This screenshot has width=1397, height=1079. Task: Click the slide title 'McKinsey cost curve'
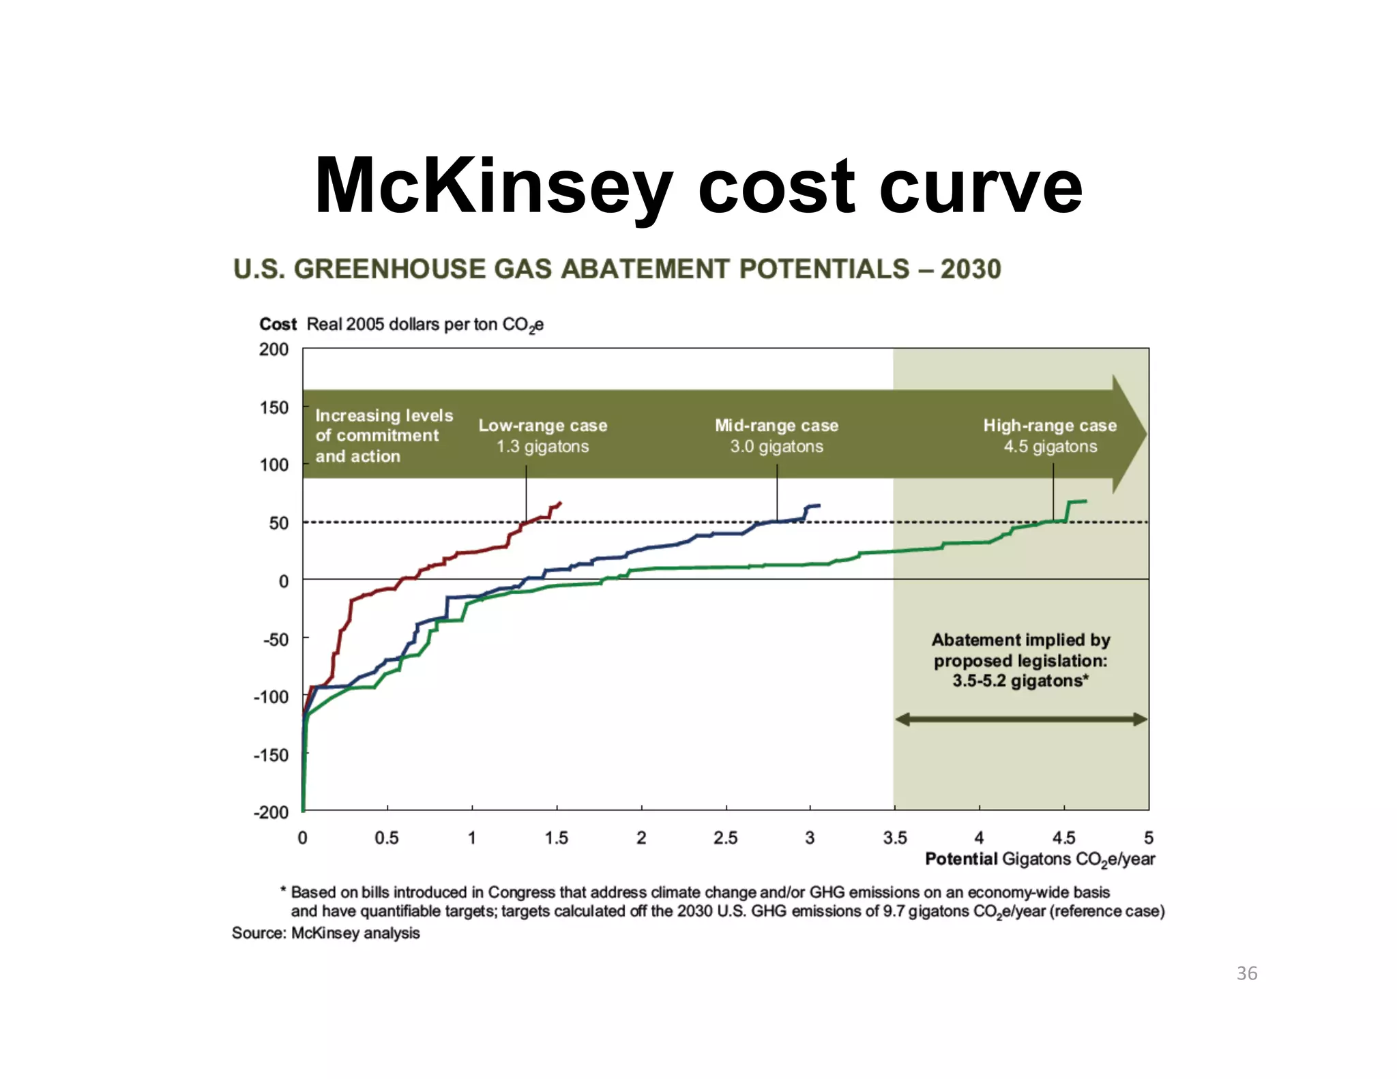tap(698, 186)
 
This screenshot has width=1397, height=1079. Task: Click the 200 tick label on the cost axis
tap(274, 349)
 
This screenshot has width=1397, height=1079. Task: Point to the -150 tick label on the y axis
tap(271, 755)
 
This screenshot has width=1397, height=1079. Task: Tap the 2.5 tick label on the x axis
tap(725, 838)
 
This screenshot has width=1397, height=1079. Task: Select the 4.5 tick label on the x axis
tap(1063, 838)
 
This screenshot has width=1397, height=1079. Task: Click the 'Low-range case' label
tap(542, 426)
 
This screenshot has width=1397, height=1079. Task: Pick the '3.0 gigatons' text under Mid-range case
tap(776, 447)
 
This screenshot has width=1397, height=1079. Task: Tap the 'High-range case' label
tap(1050, 426)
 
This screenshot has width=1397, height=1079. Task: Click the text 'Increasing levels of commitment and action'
tap(383, 436)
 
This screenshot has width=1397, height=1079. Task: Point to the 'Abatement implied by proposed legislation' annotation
tap(1020, 660)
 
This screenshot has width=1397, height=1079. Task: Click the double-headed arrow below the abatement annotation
tap(1020, 719)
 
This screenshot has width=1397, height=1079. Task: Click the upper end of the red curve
tap(559, 503)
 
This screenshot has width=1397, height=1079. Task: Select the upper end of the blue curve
tap(819, 505)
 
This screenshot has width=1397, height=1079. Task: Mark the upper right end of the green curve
tap(1085, 501)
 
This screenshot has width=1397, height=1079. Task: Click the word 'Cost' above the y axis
tap(278, 324)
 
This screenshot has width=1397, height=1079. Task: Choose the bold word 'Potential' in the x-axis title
tap(960, 859)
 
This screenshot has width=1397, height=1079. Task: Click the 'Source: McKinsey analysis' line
tap(325, 933)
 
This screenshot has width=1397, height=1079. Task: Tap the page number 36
tap(1246, 973)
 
